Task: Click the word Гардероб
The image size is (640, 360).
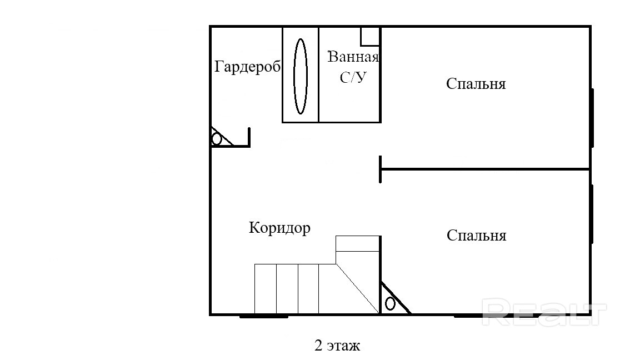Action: tap(247, 66)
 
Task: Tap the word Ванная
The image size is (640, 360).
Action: tap(353, 57)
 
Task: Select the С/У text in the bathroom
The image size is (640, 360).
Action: tap(353, 77)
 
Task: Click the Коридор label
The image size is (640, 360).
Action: tap(279, 228)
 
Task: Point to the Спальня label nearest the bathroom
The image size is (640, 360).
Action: tap(476, 84)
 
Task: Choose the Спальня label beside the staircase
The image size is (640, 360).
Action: tap(476, 236)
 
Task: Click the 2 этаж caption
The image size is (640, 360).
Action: tap(337, 346)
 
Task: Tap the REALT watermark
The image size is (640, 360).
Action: tap(544, 312)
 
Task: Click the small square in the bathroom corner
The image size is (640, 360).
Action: tap(370, 36)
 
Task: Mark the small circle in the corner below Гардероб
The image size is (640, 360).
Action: tap(217, 139)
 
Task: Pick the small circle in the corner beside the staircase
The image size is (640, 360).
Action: tap(390, 304)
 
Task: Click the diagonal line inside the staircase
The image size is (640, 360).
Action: tap(358, 288)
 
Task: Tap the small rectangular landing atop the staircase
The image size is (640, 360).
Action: tap(358, 244)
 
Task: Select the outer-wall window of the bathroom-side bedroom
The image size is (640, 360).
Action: tap(592, 118)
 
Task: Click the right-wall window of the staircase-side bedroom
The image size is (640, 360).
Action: tap(592, 214)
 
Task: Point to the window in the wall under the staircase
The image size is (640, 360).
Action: tap(264, 316)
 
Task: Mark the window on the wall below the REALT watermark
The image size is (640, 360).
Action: tap(496, 316)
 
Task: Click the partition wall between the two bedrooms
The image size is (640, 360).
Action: tap(485, 169)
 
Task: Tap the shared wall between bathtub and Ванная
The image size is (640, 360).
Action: tap(318, 74)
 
